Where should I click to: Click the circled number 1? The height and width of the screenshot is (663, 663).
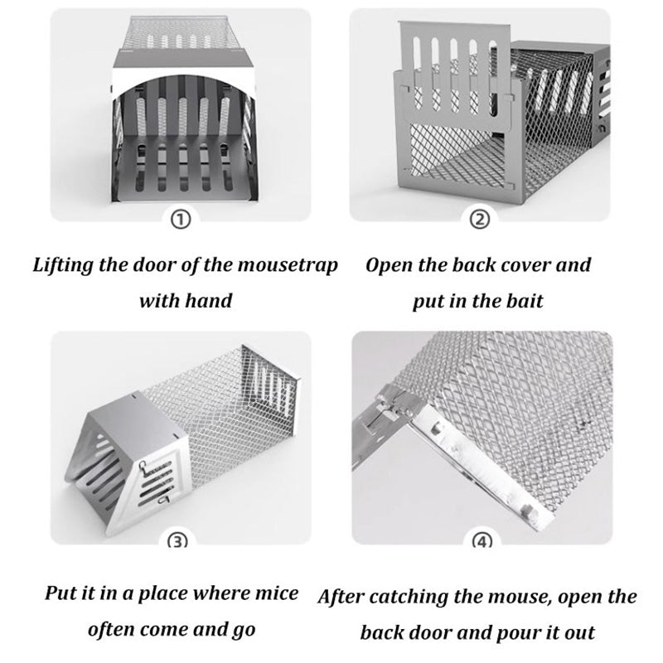(x=183, y=220)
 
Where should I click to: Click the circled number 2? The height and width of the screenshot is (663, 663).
(x=481, y=220)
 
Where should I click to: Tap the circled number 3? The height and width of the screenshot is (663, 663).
(x=179, y=540)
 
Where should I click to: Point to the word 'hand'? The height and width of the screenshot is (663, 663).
(x=211, y=299)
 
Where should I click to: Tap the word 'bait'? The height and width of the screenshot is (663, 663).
(x=525, y=299)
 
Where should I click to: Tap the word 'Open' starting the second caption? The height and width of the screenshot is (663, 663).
(x=390, y=266)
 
